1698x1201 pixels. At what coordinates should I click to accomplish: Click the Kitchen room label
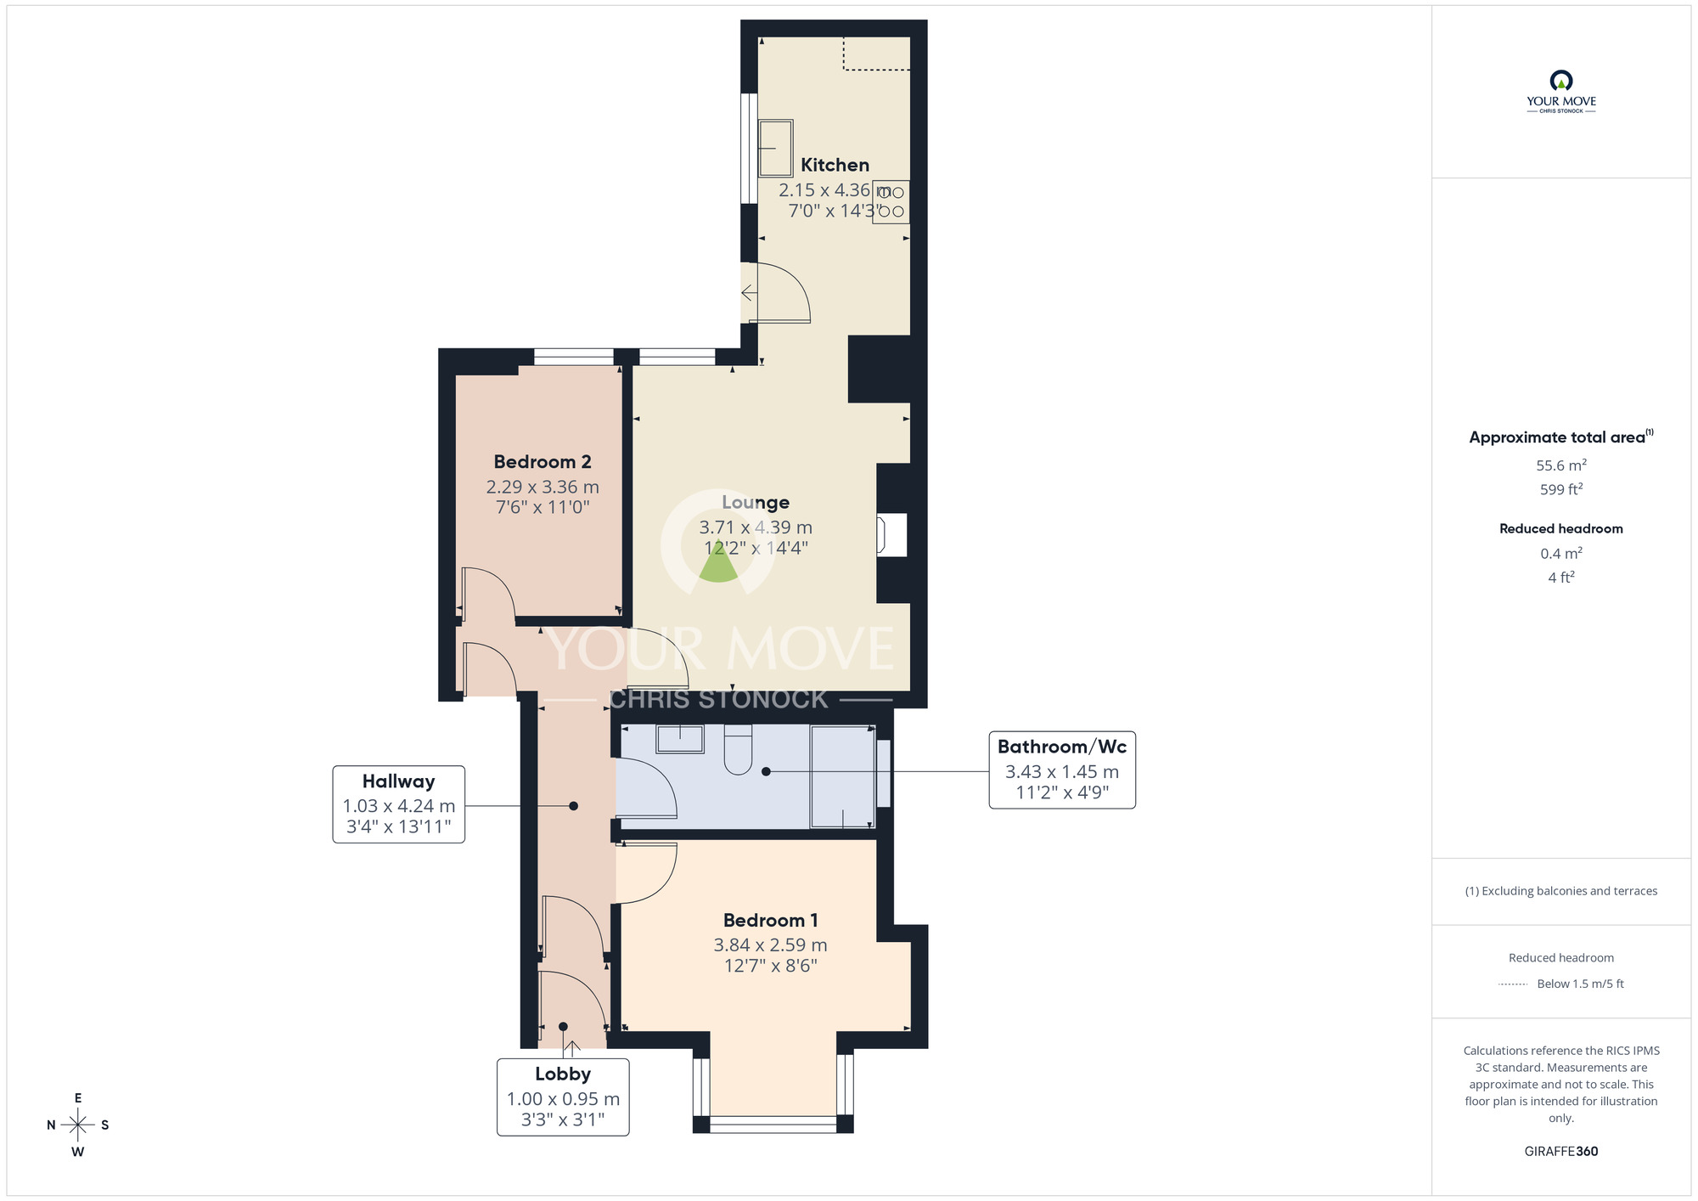point(835,165)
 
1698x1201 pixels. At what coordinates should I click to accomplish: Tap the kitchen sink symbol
point(775,148)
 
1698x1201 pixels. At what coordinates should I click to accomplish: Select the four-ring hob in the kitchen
point(891,202)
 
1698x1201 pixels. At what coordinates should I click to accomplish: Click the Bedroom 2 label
point(542,462)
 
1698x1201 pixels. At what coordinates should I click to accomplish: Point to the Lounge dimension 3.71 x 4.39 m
point(756,527)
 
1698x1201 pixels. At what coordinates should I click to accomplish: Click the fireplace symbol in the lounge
point(891,535)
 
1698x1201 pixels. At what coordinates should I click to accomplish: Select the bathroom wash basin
point(680,739)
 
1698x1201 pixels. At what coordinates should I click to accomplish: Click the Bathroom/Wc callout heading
point(1061,747)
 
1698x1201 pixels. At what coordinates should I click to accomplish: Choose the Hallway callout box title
point(398,781)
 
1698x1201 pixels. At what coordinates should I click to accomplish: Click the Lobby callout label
point(562,1074)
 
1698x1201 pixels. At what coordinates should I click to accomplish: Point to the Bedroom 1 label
point(770,921)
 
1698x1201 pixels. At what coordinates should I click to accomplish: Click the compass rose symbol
point(78,1125)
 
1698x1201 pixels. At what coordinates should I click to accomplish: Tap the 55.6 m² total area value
point(1560,465)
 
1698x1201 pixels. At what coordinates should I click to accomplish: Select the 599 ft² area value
point(1560,489)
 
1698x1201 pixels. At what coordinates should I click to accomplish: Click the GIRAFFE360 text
point(1560,1152)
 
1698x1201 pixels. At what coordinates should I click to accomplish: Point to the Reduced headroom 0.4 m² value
point(1560,554)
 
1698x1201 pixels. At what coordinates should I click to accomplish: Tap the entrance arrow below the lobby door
point(572,1049)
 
